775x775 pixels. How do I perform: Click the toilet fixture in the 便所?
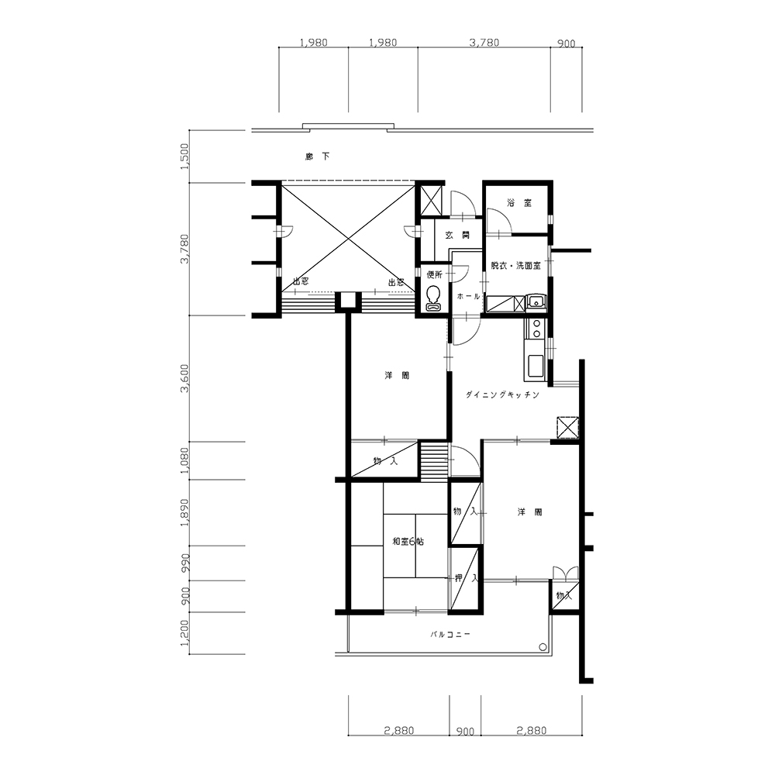[433, 298]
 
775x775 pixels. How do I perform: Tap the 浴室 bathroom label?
[519, 202]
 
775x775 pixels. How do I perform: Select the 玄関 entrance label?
[458, 236]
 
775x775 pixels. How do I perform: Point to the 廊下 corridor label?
[317, 157]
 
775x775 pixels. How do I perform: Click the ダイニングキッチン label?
[502, 395]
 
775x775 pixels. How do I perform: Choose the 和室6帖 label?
[408, 541]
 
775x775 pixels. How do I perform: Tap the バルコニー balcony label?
[449, 634]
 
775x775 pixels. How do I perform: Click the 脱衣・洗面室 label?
[515, 265]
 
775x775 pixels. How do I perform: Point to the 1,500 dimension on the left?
[185, 157]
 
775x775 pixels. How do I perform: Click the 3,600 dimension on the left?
[185, 378]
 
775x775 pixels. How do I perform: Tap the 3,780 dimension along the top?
[484, 43]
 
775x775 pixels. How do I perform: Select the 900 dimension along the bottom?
[465, 732]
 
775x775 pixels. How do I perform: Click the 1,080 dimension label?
[185, 460]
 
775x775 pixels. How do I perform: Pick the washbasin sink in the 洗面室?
[536, 301]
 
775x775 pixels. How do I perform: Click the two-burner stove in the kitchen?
[535, 328]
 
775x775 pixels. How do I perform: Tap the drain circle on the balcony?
[542, 646]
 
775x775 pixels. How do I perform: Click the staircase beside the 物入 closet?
[434, 462]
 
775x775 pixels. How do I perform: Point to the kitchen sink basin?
[536, 366]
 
